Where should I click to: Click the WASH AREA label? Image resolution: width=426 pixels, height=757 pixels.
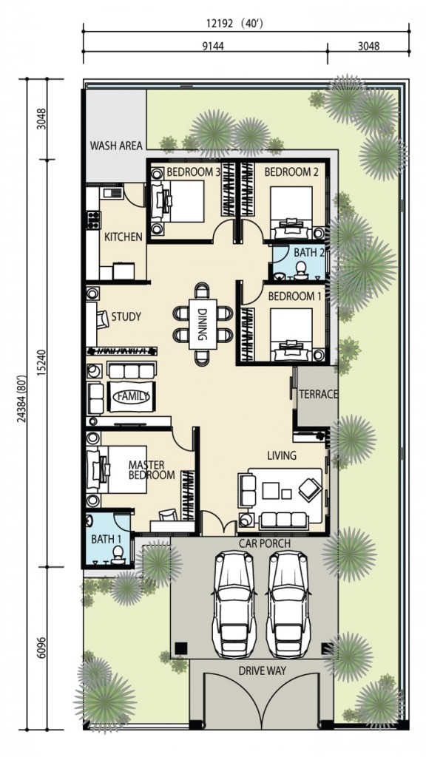click(x=116, y=146)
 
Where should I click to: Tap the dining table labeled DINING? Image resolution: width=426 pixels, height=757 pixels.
click(x=203, y=324)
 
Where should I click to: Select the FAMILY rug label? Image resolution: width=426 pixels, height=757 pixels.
click(x=132, y=396)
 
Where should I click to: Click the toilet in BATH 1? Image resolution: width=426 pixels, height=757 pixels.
click(x=117, y=554)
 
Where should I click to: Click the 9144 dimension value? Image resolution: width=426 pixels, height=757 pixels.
click(x=209, y=46)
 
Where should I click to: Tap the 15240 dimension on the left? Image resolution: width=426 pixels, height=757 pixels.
click(x=41, y=363)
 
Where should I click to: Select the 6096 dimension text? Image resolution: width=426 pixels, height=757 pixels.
click(x=41, y=647)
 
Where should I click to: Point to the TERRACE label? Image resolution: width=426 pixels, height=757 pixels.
click(x=318, y=394)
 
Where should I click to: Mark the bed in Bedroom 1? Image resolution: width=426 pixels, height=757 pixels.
click(x=291, y=335)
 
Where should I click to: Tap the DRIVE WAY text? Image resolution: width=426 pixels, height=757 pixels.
click(x=262, y=671)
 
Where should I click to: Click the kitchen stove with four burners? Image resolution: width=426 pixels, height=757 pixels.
click(x=92, y=220)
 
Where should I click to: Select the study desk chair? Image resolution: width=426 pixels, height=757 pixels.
click(x=102, y=319)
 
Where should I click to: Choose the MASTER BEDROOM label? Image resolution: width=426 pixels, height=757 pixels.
click(x=151, y=469)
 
